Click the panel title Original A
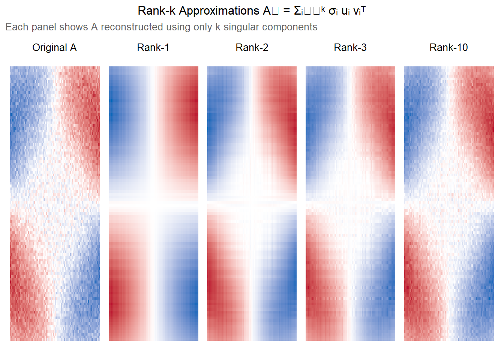54,48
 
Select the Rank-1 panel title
153,48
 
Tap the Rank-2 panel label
252,48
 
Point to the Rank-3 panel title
350,48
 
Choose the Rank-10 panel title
448,48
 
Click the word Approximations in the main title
219,11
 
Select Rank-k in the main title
156,11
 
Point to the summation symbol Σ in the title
298,11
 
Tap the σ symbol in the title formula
332,11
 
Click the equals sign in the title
286,11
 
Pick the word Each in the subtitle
16,27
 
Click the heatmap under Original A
55,204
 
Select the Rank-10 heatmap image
449,204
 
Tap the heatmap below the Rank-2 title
252,204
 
